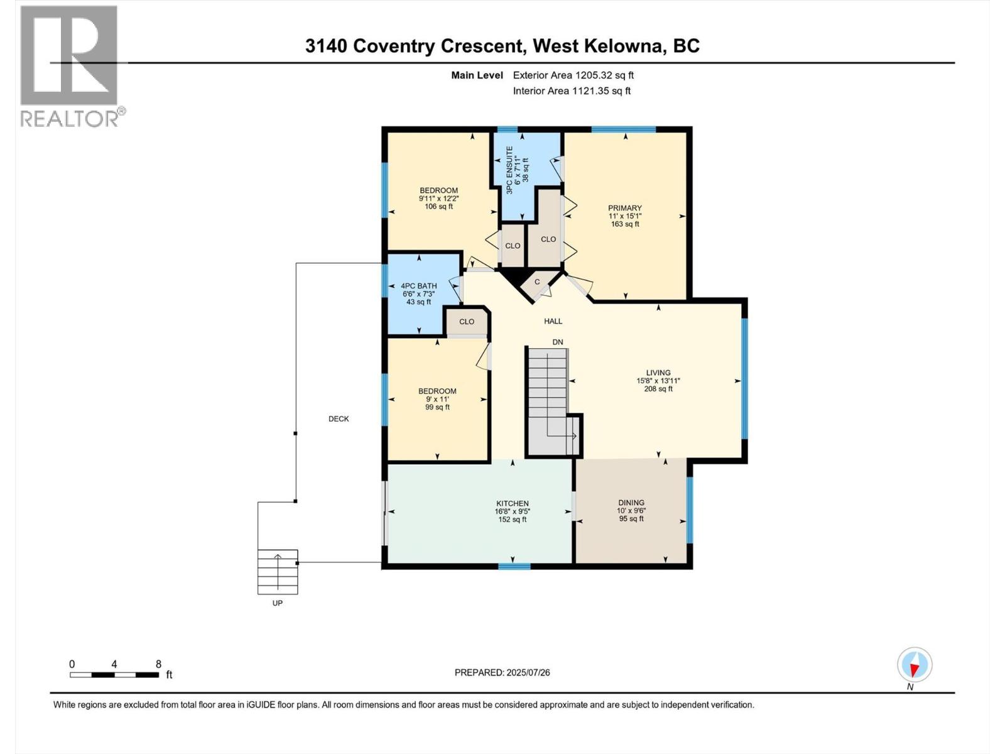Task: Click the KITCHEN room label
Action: pos(513,503)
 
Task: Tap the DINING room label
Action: pos(631,502)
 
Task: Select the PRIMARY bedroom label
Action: pos(624,208)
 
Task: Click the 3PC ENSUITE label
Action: pos(509,170)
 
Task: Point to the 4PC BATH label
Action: pos(418,286)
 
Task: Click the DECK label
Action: pos(339,418)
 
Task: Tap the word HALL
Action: pos(553,321)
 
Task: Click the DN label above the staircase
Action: pos(558,342)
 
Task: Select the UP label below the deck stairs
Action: pos(277,603)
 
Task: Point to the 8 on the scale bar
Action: pos(158,664)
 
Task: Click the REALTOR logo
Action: pos(69,66)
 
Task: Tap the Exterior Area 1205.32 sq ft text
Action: pos(573,75)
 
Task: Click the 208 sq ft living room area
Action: pos(658,389)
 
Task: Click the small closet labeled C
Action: pos(537,282)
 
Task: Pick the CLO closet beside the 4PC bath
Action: pos(466,322)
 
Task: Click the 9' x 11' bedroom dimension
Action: pos(437,399)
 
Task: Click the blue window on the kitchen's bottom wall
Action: pos(514,566)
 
